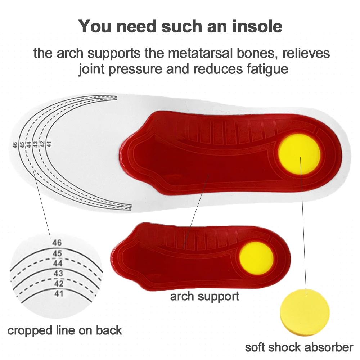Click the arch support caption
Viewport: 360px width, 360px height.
(x=204, y=296)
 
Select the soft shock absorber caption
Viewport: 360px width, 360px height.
(x=299, y=347)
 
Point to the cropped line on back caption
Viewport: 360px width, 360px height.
(x=64, y=330)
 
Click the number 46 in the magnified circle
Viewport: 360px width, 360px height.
(x=57, y=243)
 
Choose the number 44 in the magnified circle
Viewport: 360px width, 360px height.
(x=58, y=264)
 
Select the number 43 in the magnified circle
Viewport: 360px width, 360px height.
(x=58, y=274)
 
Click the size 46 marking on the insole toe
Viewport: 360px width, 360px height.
(x=15, y=145)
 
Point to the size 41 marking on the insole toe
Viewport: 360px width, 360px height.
(x=49, y=144)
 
